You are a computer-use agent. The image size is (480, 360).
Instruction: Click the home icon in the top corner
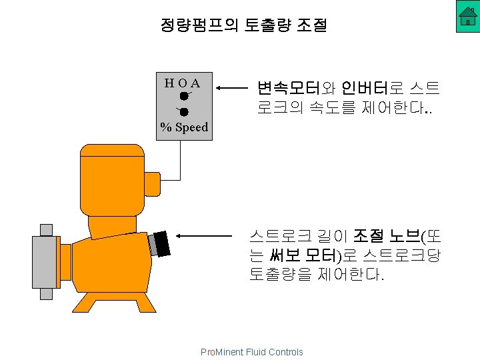pos(468,17)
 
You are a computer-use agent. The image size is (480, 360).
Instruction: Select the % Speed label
pos(183,127)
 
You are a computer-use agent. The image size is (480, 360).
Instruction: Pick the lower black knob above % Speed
pos(183,111)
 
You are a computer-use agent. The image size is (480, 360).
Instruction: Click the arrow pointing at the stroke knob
pos(207,235)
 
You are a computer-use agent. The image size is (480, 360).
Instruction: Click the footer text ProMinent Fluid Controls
pos(251,352)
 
